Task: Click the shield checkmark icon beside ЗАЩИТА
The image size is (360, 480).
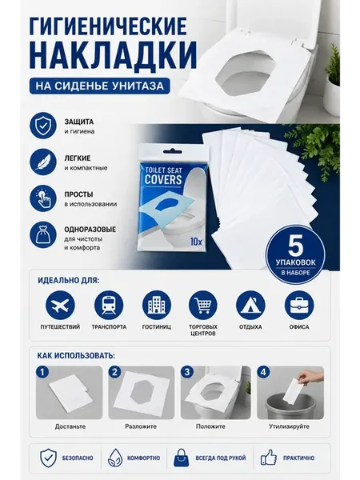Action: coord(43,126)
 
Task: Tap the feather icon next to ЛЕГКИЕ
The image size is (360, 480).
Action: coord(43,162)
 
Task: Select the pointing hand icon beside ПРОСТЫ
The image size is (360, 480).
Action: coord(43,198)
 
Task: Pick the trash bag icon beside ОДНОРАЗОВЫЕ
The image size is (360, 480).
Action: coord(43,235)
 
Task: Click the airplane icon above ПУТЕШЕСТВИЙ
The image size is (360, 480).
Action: coord(60,306)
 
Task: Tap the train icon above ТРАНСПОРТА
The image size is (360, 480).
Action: coord(109,306)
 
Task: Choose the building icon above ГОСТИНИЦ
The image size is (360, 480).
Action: coord(157,306)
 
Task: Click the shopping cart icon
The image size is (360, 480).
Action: coord(203,306)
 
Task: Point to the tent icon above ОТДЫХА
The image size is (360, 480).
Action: coord(250,306)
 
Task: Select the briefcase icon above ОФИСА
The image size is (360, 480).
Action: coord(299,306)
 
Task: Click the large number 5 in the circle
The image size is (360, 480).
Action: coord(295,246)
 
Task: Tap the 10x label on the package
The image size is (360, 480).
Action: coord(196,242)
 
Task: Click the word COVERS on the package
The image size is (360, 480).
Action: coord(163,180)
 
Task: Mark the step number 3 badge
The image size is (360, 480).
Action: coord(187,372)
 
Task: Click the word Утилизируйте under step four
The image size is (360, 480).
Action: coord(289,426)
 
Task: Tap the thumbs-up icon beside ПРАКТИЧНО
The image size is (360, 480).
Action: coord(269,458)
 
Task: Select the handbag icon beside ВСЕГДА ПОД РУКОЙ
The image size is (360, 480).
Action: coord(182,458)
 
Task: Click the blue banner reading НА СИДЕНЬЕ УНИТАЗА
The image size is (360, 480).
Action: coord(100,86)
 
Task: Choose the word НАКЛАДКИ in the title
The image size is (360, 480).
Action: coord(114,56)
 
